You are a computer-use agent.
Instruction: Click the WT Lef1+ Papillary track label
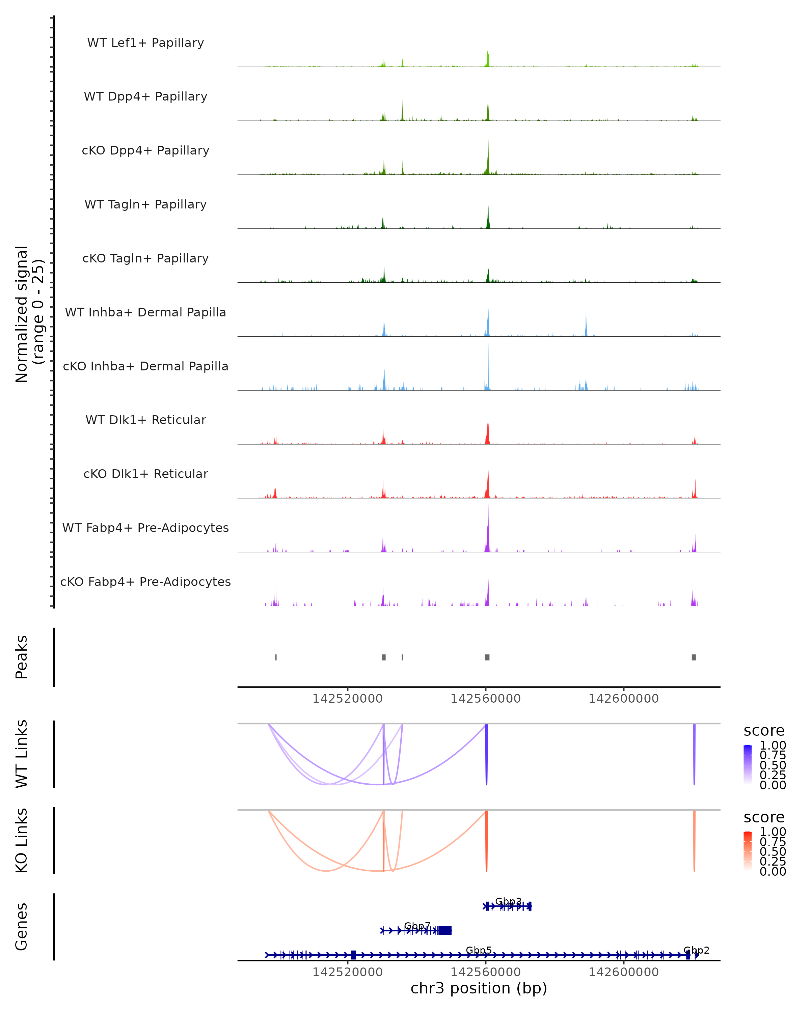tap(145, 43)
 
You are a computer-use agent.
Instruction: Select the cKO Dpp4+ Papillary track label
tap(145, 150)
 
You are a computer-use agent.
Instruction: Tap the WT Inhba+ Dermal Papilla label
tap(145, 312)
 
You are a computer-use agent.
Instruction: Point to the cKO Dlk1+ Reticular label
tap(145, 474)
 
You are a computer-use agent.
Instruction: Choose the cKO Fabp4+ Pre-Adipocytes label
tap(145, 582)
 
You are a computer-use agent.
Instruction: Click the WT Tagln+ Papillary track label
tap(145, 204)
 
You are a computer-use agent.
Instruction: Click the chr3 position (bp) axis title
tap(479, 988)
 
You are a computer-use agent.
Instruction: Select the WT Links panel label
tap(22, 754)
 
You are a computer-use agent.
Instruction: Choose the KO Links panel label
tap(22, 840)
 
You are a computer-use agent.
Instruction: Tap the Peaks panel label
tap(22, 657)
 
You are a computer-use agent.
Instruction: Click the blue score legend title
tap(763, 730)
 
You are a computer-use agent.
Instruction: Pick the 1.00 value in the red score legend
tap(773, 831)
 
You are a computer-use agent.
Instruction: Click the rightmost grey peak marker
tap(694, 657)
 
